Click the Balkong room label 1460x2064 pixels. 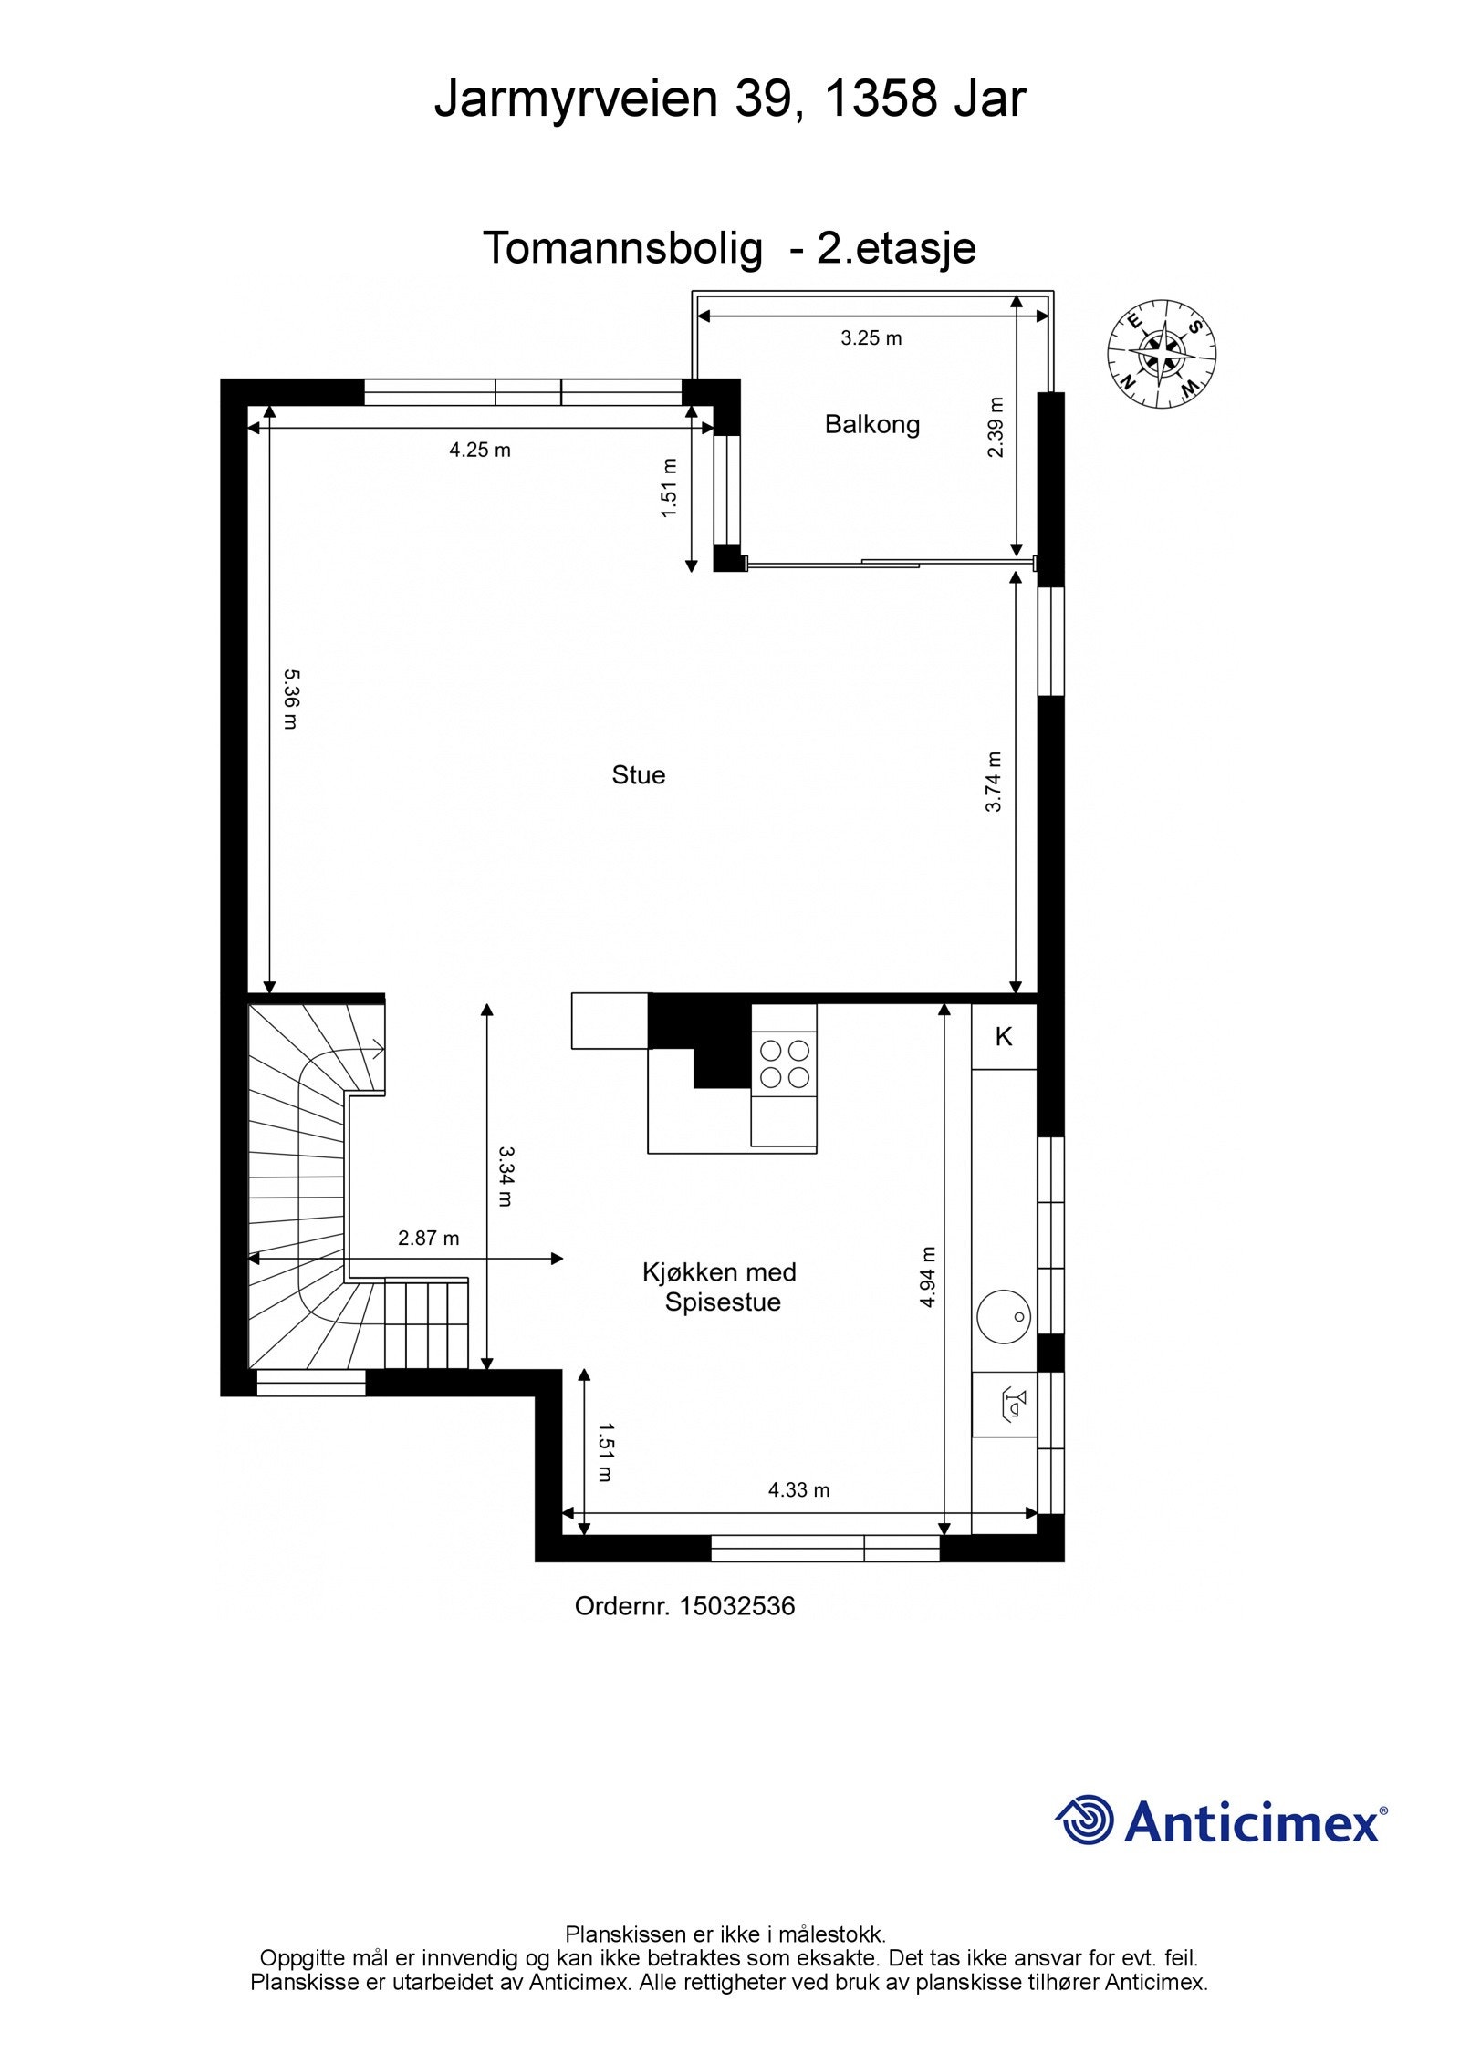(871, 425)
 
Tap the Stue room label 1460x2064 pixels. (638, 775)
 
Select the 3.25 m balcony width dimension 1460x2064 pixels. (871, 338)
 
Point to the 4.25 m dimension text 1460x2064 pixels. (480, 450)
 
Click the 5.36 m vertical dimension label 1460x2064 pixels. (290, 700)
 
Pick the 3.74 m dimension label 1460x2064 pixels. (994, 781)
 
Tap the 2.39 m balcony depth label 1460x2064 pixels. (996, 427)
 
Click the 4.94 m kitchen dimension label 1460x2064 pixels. (928, 1277)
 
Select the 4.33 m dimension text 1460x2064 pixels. (798, 1490)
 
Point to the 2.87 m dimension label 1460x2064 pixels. (428, 1239)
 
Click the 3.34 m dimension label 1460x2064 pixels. (505, 1177)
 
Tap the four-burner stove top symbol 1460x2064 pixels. (785, 1063)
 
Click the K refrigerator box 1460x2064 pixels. (1004, 1036)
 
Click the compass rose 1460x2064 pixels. (1162, 354)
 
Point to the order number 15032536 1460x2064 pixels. (736, 1606)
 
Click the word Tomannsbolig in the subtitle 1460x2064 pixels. (621, 248)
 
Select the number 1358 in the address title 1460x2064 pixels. (881, 99)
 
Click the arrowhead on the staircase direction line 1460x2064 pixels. (378, 1050)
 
